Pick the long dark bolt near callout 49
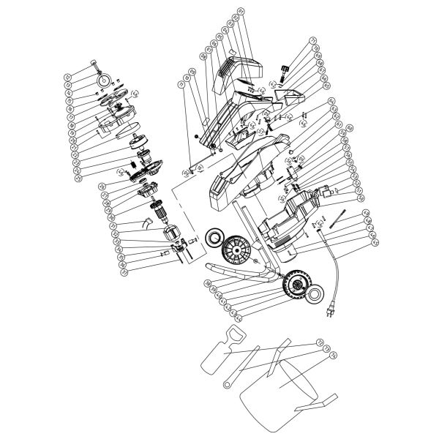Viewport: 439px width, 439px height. [337, 217]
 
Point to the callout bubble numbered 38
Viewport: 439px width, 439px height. [208, 285]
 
